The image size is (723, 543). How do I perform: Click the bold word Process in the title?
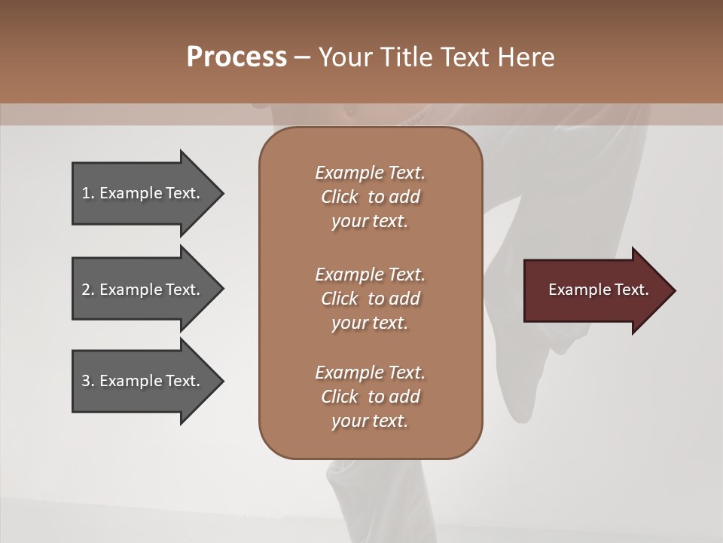click(x=236, y=57)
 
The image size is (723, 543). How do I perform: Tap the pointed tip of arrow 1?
click(x=221, y=193)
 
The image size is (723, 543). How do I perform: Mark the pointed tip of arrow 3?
click(x=221, y=381)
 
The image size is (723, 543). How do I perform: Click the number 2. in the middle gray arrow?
click(x=88, y=290)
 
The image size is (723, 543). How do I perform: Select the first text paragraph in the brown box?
click(x=370, y=197)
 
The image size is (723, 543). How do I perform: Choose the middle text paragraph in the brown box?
click(x=370, y=299)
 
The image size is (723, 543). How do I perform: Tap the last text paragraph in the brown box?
click(x=370, y=397)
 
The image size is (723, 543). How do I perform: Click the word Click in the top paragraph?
click(x=340, y=197)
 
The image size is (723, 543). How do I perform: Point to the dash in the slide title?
click(x=303, y=58)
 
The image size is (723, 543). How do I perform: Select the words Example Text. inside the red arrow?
click(x=599, y=290)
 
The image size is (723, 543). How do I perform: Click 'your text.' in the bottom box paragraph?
click(x=370, y=421)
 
